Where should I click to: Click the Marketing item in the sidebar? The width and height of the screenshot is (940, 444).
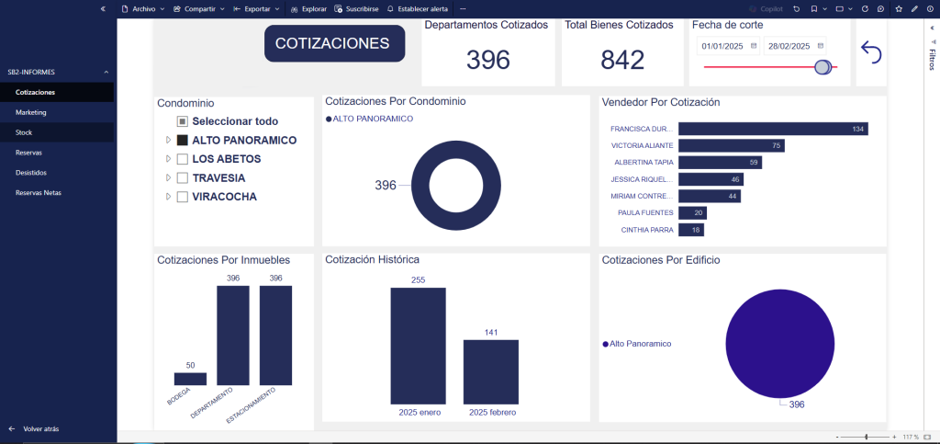31,112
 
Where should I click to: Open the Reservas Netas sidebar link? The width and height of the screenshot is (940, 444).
36,192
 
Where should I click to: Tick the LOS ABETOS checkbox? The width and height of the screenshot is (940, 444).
183,159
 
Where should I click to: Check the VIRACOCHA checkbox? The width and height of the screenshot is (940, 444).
183,197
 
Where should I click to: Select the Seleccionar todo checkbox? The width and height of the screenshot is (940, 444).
183,121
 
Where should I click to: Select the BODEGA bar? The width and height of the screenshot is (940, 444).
190,379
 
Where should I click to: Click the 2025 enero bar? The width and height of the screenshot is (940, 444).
418,345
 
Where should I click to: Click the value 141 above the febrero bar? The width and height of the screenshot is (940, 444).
491,332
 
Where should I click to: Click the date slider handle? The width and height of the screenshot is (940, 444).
822,66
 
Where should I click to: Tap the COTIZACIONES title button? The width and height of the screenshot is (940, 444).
334,43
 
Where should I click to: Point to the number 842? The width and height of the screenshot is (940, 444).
622,60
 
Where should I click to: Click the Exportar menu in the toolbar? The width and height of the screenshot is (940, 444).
256,8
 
